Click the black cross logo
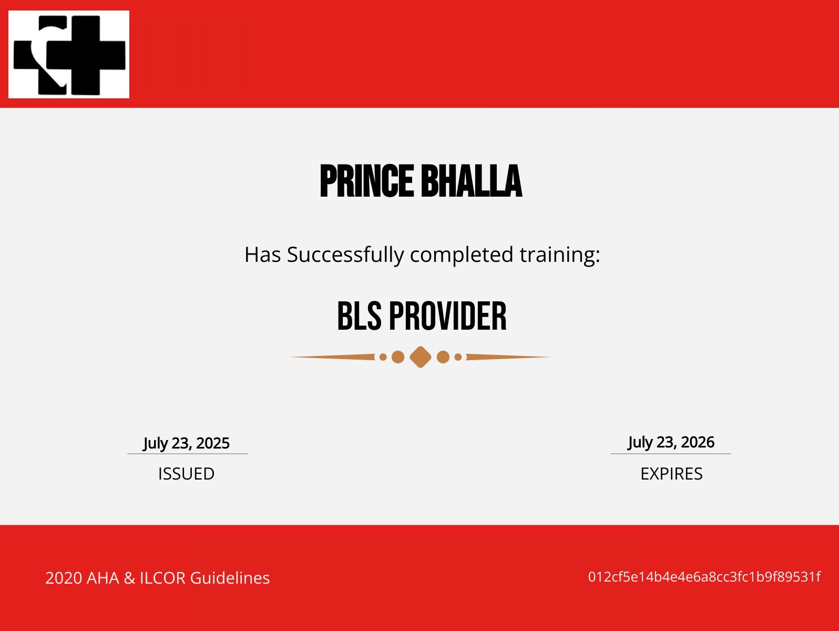click(69, 55)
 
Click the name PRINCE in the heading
click(366, 181)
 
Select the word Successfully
click(345, 255)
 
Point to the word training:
click(559, 255)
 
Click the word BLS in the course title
click(359, 317)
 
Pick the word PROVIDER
click(447, 317)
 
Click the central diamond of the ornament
click(421, 357)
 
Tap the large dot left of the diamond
click(398, 357)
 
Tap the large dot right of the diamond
click(443, 357)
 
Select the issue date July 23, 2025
click(187, 443)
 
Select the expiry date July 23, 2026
click(671, 442)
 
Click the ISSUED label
click(186, 474)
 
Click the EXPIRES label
click(671, 474)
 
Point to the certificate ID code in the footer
click(704, 577)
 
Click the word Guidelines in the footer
click(230, 578)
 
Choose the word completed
click(462, 255)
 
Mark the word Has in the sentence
click(263, 255)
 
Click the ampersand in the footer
click(129, 578)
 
